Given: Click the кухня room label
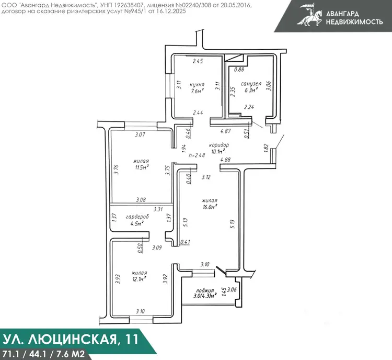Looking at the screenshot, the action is click(x=197, y=84).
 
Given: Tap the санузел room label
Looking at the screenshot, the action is click(x=251, y=84).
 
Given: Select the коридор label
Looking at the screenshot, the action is click(x=219, y=145).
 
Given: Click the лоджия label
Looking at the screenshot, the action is click(x=205, y=290).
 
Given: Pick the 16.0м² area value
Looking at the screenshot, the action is click(x=210, y=207).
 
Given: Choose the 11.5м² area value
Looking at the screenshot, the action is click(x=142, y=167).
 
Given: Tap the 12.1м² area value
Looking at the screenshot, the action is click(x=139, y=279).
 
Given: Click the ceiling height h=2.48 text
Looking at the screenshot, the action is click(x=197, y=155).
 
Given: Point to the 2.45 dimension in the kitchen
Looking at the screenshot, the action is click(x=198, y=61).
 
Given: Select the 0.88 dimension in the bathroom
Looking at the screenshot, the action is click(x=239, y=70).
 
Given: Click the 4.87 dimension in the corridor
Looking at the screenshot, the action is click(x=225, y=131).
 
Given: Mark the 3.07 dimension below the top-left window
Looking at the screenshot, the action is click(x=140, y=134).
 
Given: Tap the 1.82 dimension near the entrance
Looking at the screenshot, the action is click(x=266, y=147).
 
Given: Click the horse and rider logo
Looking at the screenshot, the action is click(x=310, y=15).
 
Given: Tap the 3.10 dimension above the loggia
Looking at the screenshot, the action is click(x=205, y=264).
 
